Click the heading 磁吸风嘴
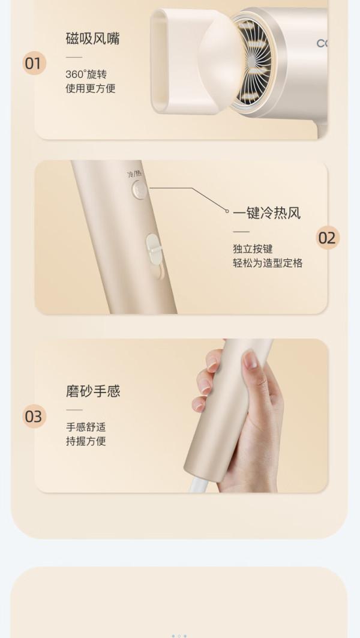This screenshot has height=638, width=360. pos(92,38)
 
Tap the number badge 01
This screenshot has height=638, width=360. pos(34,63)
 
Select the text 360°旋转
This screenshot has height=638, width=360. pos(86,74)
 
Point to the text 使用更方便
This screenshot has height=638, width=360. pos(91,88)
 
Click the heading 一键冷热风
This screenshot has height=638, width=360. pos(266,213)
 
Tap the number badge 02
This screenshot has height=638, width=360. pos(328,238)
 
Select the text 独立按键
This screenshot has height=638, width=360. pos(253,249)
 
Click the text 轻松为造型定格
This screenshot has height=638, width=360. pos(268,263)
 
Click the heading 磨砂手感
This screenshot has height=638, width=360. pos(93,391)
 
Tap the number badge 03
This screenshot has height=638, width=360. pos(34,417)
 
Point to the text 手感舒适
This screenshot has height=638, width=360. pos(86,427)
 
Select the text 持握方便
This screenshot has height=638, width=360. pos(86,441)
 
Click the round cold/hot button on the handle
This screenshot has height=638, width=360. pos(140,190)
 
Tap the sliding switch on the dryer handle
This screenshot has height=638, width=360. pos(154,249)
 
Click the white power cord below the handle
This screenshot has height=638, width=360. pos(200,486)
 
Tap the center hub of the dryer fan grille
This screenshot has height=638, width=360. pos(251,61)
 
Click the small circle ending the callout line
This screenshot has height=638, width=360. pos(227,211)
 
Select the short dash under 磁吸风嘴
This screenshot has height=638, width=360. pos(74,57)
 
